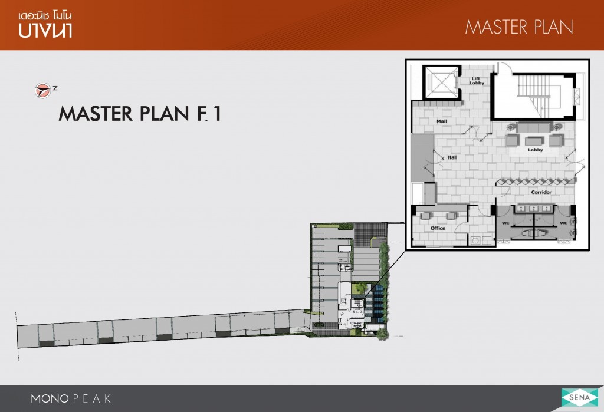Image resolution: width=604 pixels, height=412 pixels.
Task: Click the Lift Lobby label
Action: [477, 81]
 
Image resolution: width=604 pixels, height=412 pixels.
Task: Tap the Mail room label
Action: [441, 121]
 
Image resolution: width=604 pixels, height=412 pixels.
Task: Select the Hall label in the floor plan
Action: [452, 157]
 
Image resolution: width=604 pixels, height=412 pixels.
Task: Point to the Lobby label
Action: [535, 150]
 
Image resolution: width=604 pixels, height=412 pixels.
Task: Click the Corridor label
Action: [541, 192]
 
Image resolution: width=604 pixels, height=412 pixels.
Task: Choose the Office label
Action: [438, 228]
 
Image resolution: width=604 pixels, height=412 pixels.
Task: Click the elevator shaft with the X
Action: [440, 82]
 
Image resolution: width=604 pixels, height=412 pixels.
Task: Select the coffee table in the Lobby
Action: [534, 141]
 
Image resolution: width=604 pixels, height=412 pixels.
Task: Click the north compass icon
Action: [42, 91]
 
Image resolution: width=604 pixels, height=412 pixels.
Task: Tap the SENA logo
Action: [579, 398]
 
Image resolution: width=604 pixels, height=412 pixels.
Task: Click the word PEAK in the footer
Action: [92, 398]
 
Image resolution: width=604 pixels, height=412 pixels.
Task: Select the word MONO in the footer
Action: [50, 398]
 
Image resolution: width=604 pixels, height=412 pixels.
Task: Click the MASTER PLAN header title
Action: [519, 27]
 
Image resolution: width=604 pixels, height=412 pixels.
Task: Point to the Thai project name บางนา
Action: [45, 30]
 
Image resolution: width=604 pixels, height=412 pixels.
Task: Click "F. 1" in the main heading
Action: [209, 114]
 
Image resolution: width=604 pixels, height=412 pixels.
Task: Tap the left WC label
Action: [505, 223]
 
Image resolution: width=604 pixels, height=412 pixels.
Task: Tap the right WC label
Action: [563, 223]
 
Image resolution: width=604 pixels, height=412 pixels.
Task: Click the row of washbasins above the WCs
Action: [534, 209]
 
